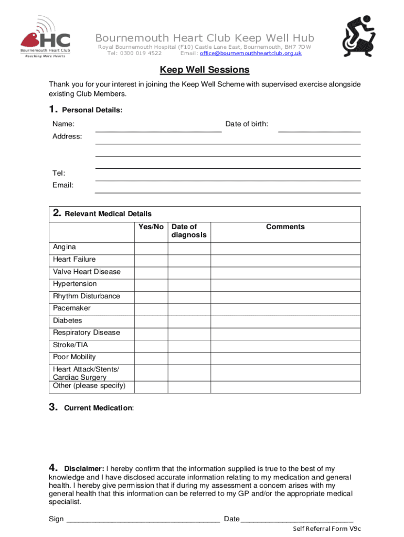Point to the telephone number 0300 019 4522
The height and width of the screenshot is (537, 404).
pos(141,53)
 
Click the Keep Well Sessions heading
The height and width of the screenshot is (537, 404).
pos(205,70)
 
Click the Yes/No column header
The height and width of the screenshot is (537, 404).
pos(151,227)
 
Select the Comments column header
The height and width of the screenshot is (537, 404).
pos(285,227)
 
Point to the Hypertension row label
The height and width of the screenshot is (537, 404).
pos(75,284)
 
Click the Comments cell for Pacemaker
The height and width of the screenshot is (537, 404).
pos(285,309)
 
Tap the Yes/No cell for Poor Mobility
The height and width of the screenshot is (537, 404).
pos(151,358)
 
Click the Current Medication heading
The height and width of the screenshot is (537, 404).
pos(98,408)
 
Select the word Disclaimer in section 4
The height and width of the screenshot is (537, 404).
pos(84,469)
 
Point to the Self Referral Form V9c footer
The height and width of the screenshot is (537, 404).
pos(326,529)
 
